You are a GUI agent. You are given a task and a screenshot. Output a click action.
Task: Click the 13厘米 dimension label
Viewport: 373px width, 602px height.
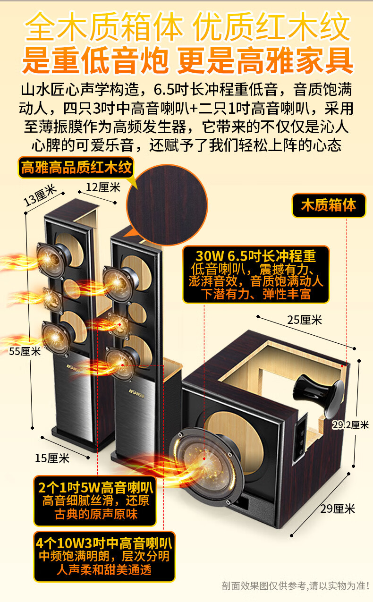pyautogui.click(x=40, y=195)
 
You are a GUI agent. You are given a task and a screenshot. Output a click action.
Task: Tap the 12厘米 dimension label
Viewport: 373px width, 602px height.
pyautogui.click(x=103, y=187)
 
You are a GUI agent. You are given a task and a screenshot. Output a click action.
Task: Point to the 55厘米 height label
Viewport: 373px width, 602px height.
pyautogui.click(x=25, y=351)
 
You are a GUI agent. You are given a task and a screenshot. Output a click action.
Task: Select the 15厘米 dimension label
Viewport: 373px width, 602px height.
pyautogui.click(x=52, y=458)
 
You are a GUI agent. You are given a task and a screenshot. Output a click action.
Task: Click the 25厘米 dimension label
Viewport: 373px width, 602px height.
pyautogui.click(x=305, y=320)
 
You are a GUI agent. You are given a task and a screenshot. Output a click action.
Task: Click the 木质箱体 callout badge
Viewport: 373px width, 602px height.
pyautogui.click(x=329, y=205)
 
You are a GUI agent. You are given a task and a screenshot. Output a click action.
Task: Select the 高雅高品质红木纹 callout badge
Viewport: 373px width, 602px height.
pyautogui.click(x=76, y=167)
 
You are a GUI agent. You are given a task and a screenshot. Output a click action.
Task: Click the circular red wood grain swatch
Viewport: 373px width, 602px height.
pyautogui.click(x=167, y=205)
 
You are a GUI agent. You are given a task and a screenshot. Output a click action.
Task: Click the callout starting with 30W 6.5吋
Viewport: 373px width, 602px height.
pyautogui.click(x=255, y=275)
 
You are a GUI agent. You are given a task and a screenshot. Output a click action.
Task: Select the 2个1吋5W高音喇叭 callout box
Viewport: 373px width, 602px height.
pyautogui.click(x=95, y=500)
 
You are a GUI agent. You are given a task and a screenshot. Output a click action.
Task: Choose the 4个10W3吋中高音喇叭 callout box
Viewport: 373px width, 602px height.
pyautogui.click(x=104, y=556)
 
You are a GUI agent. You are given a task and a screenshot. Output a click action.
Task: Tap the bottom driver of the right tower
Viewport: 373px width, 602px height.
pyautogui.click(x=121, y=364)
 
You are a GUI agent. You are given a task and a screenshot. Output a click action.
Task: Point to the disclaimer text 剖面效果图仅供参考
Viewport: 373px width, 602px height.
pyautogui.click(x=295, y=586)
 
